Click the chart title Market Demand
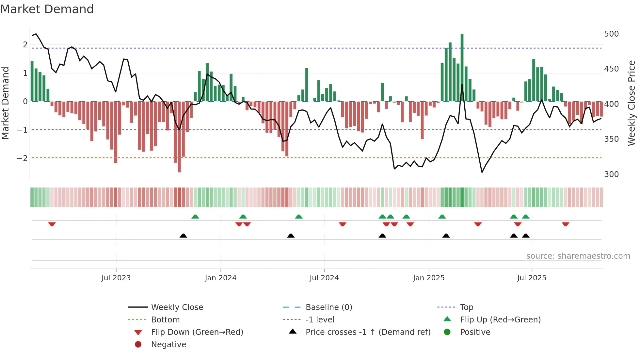coord(47,9)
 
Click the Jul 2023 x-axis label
coord(116,278)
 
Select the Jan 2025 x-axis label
coord(428,278)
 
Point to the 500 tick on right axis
coord(611,34)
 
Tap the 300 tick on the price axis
coord(611,174)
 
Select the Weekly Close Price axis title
coord(632,103)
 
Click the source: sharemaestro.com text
coord(578,256)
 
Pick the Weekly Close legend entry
coord(177,307)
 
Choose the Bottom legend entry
coord(165,320)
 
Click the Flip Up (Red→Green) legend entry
coord(500,320)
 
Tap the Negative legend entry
coord(168,345)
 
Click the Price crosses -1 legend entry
coord(368,332)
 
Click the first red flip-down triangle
coord(52,224)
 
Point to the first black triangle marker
coord(183,236)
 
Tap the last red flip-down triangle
coord(566,224)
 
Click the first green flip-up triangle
coord(195,217)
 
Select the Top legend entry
coord(466,307)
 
